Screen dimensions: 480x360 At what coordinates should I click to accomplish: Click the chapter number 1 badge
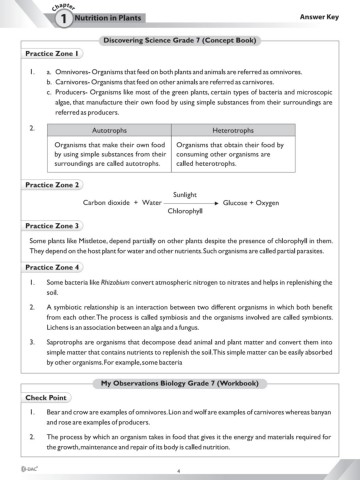tap(38, 18)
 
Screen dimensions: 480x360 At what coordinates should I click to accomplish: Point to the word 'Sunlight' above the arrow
tap(187, 194)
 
